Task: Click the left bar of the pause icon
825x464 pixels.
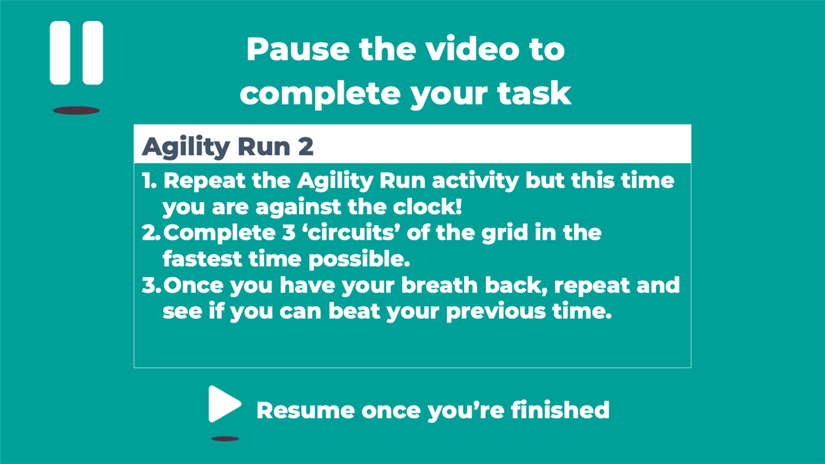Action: click(60, 53)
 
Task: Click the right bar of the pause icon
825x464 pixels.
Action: click(93, 53)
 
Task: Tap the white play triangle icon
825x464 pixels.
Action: click(224, 404)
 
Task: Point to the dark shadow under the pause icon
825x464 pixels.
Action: click(76, 110)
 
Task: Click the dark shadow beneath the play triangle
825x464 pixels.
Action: click(225, 439)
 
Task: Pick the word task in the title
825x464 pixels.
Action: click(534, 93)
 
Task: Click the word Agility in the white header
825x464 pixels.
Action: click(186, 148)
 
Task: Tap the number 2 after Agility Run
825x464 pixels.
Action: click(306, 146)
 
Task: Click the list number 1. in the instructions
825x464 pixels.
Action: click(150, 181)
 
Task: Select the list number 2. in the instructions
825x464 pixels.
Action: click(151, 233)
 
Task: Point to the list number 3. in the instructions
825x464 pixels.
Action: click(151, 285)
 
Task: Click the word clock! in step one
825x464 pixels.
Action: click(427, 207)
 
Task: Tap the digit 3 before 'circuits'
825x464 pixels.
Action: click(289, 233)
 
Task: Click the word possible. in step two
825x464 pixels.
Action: click(359, 260)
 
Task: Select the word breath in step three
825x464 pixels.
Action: click(440, 285)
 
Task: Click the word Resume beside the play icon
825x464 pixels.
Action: click(306, 411)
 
